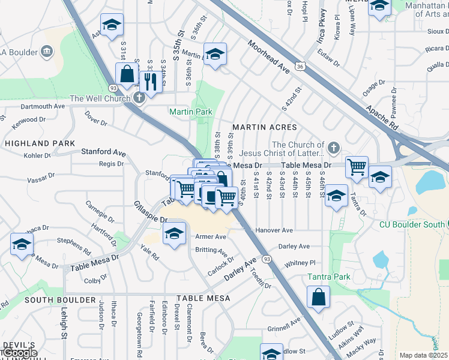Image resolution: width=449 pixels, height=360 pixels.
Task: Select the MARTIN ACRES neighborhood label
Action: pyautogui.click(x=265, y=127)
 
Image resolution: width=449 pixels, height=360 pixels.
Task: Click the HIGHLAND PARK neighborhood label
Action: pyautogui.click(x=40, y=143)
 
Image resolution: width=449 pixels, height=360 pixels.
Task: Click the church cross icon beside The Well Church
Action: pyautogui.click(x=139, y=98)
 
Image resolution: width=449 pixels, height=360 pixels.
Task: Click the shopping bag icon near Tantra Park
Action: pyautogui.click(x=318, y=296)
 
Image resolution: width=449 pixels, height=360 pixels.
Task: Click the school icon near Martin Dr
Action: pyautogui.click(x=215, y=54)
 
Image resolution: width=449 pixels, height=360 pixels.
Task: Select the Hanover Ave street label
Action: pyautogui.click(x=274, y=230)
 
